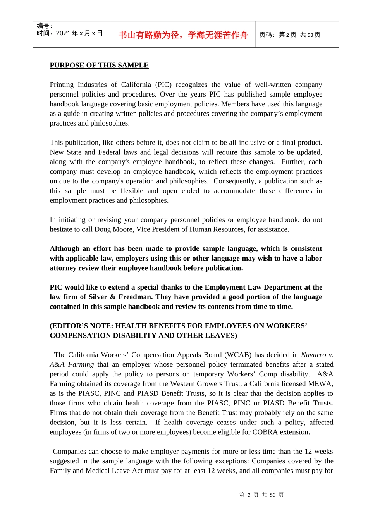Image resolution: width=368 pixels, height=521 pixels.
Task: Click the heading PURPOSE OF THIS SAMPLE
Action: tap(99, 65)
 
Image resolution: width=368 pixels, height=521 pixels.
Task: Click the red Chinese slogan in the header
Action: tap(183, 35)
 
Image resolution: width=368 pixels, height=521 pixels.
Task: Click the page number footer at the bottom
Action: tap(261, 495)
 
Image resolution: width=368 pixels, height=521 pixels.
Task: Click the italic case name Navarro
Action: tap(313, 355)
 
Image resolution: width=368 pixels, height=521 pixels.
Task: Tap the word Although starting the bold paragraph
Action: tap(64, 249)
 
